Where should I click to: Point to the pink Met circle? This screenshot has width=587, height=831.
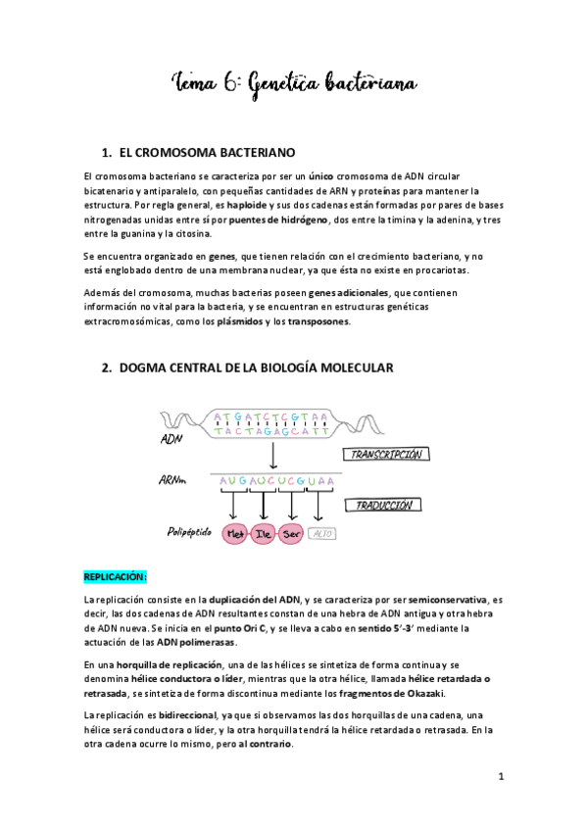[234, 535]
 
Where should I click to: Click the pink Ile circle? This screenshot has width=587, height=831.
[263, 535]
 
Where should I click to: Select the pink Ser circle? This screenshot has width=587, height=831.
[291, 535]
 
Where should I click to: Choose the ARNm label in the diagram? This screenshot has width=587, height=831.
[174, 482]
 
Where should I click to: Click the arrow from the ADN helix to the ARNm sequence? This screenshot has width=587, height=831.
[273, 455]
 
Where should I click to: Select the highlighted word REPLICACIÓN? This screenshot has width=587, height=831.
[116, 577]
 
